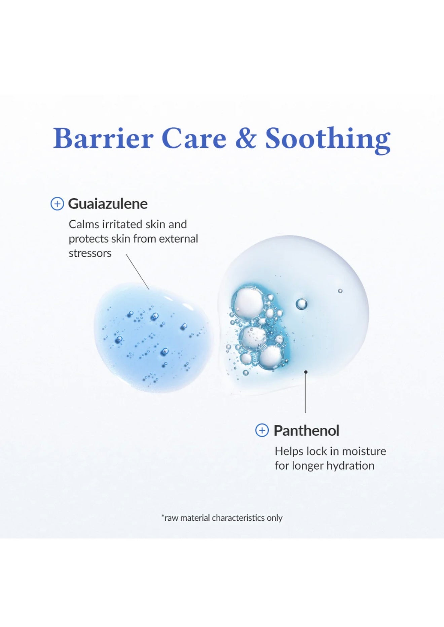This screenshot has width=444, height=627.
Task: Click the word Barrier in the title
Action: [103, 138]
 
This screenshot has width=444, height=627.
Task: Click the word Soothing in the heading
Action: [328, 140]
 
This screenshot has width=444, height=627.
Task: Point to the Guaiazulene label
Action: [108, 204]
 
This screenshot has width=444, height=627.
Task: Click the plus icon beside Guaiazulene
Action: [57, 204]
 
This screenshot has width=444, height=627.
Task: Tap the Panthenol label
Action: [306, 431]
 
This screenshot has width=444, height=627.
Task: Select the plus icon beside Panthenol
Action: [262, 430]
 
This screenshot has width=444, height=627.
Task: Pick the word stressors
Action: [90, 253]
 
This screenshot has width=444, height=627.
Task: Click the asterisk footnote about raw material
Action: [222, 518]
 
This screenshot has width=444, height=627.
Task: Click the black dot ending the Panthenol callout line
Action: [306, 372]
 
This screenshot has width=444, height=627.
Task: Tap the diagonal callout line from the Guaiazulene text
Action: [138, 272]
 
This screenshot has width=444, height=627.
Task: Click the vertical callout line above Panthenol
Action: [306, 393]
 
